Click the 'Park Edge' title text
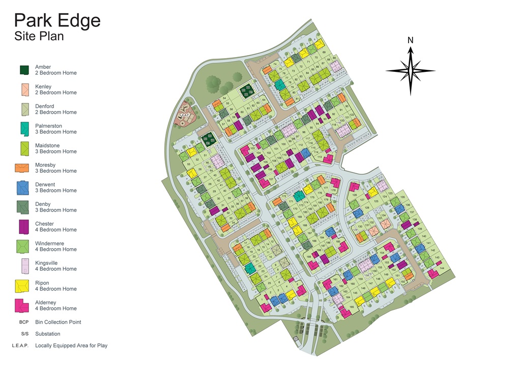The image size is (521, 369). [57, 20]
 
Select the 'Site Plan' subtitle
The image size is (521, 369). [39, 37]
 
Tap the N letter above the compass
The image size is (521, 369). [411, 40]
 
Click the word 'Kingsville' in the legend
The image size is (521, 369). [46, 263]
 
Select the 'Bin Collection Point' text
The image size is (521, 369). [58, 322]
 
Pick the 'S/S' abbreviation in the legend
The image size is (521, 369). [23, 334]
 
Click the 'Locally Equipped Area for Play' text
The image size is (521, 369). [71, 346]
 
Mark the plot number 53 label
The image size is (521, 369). [188, 164]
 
